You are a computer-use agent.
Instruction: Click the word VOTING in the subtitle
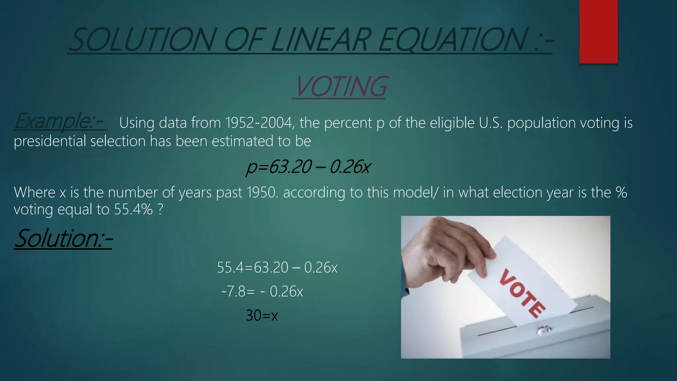[x=340, y=87]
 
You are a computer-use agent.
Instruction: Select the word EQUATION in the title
[x=453, y=40]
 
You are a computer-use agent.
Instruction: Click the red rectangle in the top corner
[x=598, y=31]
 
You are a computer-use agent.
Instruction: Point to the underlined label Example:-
[x=60, y=121]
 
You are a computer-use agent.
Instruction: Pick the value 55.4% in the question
[x=133, y=210]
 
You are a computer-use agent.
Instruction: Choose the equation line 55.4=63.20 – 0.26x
[x=277, y=268]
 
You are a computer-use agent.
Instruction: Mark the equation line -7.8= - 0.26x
[x=262, y=292]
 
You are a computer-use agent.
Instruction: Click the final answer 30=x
[x=262, y=316]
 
